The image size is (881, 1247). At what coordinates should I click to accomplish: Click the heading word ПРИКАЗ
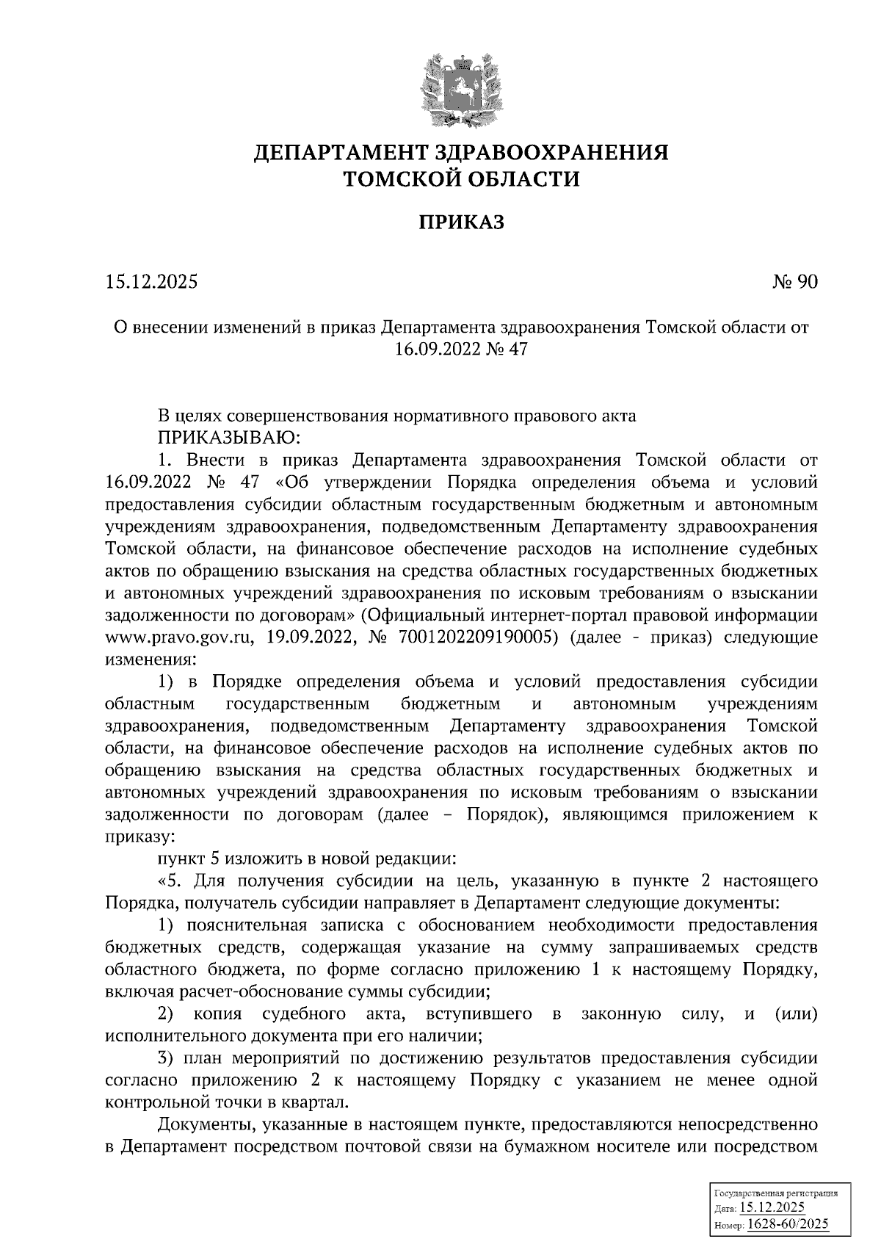461,222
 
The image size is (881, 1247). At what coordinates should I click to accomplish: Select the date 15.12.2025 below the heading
152,282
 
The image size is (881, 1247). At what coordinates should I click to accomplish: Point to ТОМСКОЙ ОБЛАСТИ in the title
461,178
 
